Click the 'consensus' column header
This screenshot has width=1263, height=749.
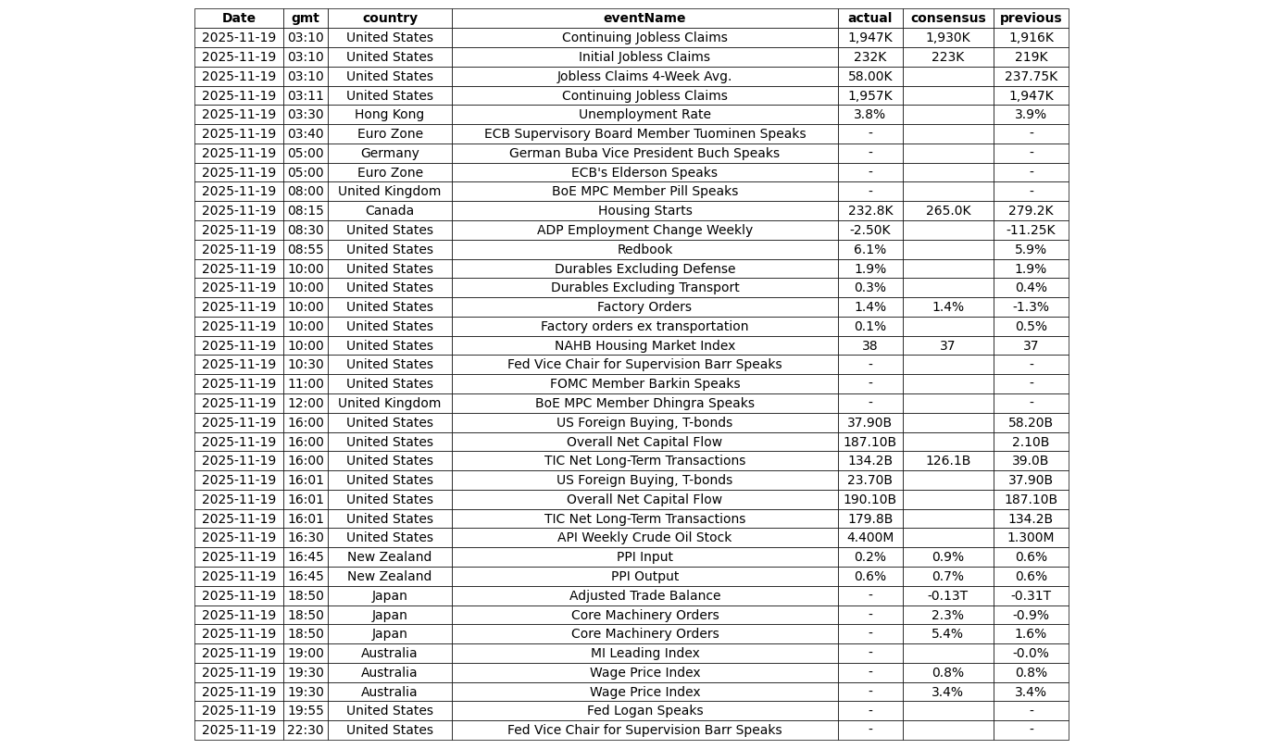(x=947, y=19)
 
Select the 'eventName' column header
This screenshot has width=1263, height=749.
(x=644, y=19)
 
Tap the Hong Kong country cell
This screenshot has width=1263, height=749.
(x=389, y=115)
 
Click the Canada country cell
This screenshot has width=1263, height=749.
(x=389, y=211)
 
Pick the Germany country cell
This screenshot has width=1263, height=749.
(x=389, y=154)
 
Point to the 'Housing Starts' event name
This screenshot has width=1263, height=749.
(x=644, y=211)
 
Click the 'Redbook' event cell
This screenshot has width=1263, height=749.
(x=644, y=250)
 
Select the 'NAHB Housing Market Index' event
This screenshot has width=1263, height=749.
(x=644, y=346)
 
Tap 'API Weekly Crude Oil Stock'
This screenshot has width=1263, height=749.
(x=644, y=538)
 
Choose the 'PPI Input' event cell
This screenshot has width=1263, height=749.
(x=644, y=557)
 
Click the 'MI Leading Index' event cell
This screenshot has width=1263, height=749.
(x=644, y=654)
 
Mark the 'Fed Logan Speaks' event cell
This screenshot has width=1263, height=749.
(x=644, y=711)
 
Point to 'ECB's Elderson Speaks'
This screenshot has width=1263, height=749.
(x=644, y=173)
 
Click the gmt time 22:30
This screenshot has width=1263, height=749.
(x=306, y=730)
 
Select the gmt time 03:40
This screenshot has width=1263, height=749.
(x=306, y=134)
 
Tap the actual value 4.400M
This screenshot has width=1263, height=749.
(x=869, y=538)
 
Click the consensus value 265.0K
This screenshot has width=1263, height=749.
(x=947, y=211)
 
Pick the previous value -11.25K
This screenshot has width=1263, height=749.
(x=1030, y=231)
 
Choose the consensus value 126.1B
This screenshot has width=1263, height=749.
(x=947, y=461)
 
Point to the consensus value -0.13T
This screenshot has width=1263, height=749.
(x=947, y=596)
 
